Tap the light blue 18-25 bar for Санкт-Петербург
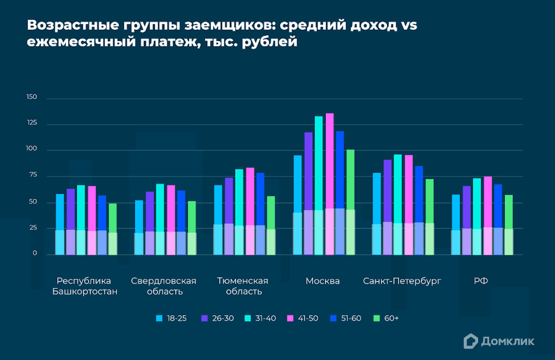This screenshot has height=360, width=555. coord(376,199)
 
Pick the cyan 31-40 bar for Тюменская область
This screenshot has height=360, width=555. coord(239,199)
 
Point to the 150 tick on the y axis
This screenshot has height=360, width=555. coord(31,98)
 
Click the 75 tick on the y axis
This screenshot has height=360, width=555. coord(32,176)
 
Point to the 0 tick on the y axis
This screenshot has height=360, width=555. coord(34,254)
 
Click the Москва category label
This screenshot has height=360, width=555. coord(322,281)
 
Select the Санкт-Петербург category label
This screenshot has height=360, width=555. coord(402,281)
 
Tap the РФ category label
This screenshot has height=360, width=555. coord(481,281)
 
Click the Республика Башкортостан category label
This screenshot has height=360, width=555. coord(85,286)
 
